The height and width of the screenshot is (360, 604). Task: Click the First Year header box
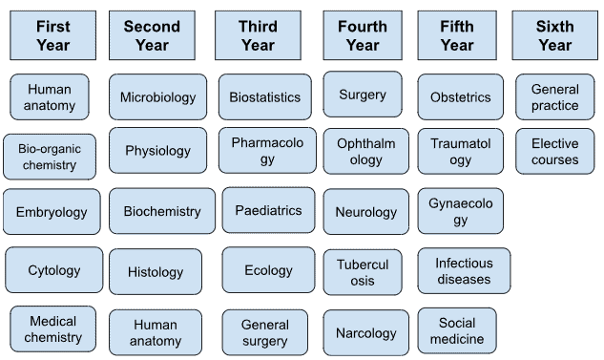pyautogui.click(x=52, y=35)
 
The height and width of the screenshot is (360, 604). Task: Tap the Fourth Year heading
pyautogui.click(x=363, y=35)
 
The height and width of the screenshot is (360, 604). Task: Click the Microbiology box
pyautogui.click(x=158, y=97)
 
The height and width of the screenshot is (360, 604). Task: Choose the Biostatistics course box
pyautogui.click(x=265, y=97)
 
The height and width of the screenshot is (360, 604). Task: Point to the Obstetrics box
pyautogui.click(x=461, y=97)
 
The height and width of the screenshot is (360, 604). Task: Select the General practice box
pyautogui.click(x=555, y=97)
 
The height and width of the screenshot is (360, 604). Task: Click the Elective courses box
pyautogui.click(x=555, y=152)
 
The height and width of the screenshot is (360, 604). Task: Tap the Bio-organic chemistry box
pyautogui.click(x=50, y=157)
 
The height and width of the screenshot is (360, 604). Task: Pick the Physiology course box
pyautogui.click(x=158, y=151)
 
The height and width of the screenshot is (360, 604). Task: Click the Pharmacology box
pyautogui.click(x=268, y=151)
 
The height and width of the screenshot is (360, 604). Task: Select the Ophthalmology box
pyautogui.click(x=366, y=151)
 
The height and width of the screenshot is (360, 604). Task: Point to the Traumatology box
pyautogui.click(x=461, y=151)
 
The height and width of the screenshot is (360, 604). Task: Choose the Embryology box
pyautogui.click(x=52, y=212)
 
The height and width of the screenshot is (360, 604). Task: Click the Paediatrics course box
pyautogui.click(x=268, y=210)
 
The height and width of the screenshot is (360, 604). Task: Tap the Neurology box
pyautogui.click(x=366, y=212)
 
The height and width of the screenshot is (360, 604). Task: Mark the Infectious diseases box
pyautogui.click(x=464, y=271)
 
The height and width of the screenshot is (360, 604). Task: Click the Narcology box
pyautogui.click(x=366, y=333)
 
